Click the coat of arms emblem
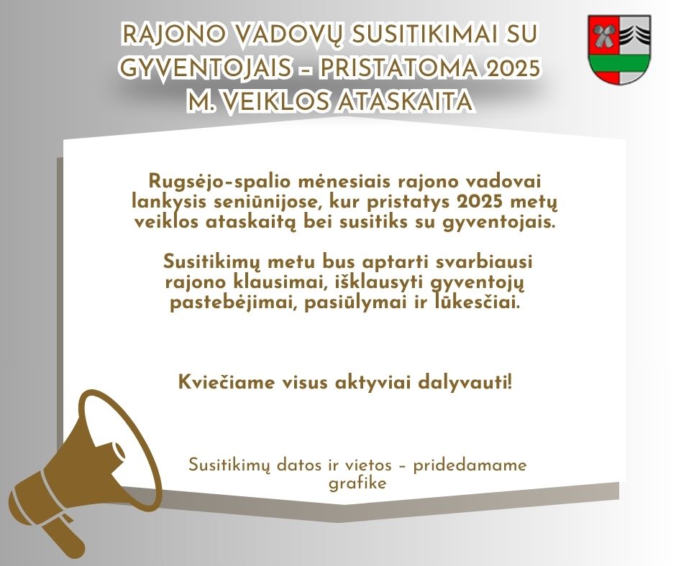(x=619, y=50)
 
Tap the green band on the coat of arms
(x=619, y=62)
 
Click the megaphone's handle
(x=64, y=535)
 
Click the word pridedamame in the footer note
(x=470, y=465)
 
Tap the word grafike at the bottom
(x=357, y=483)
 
